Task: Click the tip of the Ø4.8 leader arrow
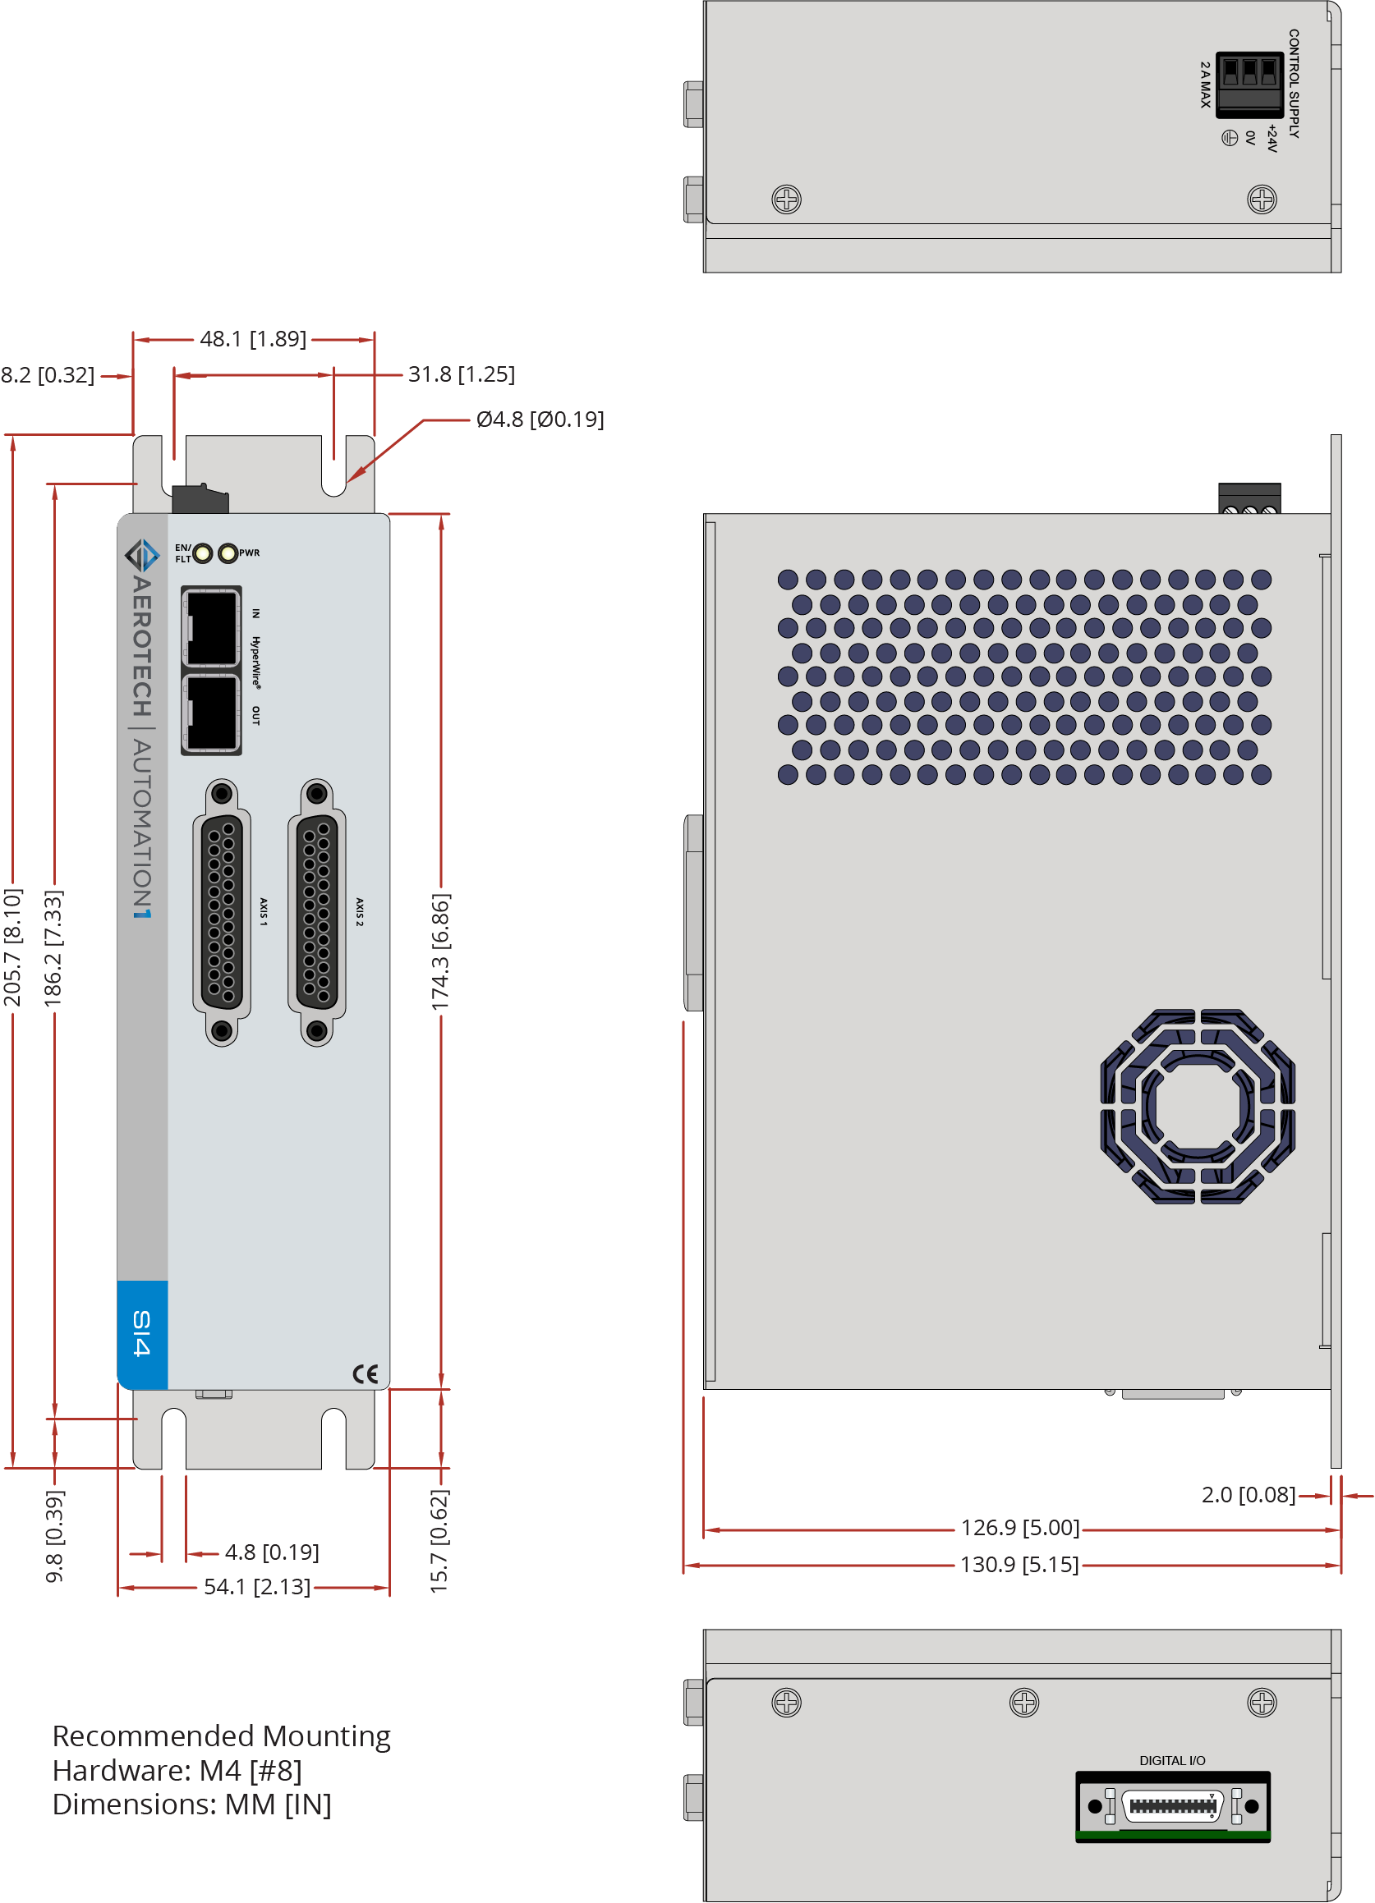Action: pos(347,481)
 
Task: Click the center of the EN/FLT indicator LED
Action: pos(203,554)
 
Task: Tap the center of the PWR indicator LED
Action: pos(228,554)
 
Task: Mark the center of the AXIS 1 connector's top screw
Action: pos(222,793)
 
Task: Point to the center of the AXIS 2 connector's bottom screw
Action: pos(316,1030)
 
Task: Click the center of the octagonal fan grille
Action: pos(1198,1107)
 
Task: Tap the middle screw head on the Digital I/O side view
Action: pos(1024,1703)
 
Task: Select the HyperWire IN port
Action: pos(212,627)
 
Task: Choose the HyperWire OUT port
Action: pos(212,713)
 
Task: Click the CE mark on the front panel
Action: pos(366,1373)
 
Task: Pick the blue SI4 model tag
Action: pos(142,1333)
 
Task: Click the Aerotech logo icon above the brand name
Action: pos(142,555)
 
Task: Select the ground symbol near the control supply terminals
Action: pos(1230,137)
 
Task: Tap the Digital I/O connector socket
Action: pos(1173,1804)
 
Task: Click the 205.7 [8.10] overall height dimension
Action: pos(12,947)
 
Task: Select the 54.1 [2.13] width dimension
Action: pos(257,1587)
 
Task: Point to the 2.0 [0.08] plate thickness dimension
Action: pos(1249,1494)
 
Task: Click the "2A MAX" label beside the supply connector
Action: pos(1206,85)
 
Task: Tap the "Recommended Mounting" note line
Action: pos(222,1736)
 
